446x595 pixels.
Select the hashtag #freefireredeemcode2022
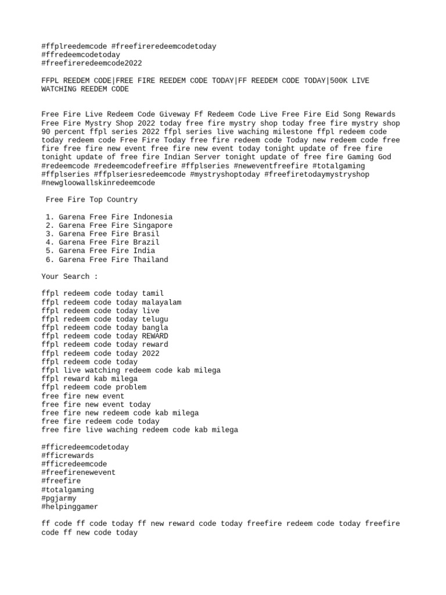coord(92,63)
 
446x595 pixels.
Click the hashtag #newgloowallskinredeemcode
coord(98,182)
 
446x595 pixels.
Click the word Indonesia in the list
coord(153,217)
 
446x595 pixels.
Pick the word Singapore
coord(153,225)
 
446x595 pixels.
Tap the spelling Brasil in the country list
coord(146,234)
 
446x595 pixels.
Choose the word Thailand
coord(150,260)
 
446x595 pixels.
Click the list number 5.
coord(48,251)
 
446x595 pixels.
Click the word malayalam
coord(161,302)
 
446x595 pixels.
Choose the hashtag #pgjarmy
coord(59,498)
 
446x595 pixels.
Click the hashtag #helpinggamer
coord(70,507)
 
